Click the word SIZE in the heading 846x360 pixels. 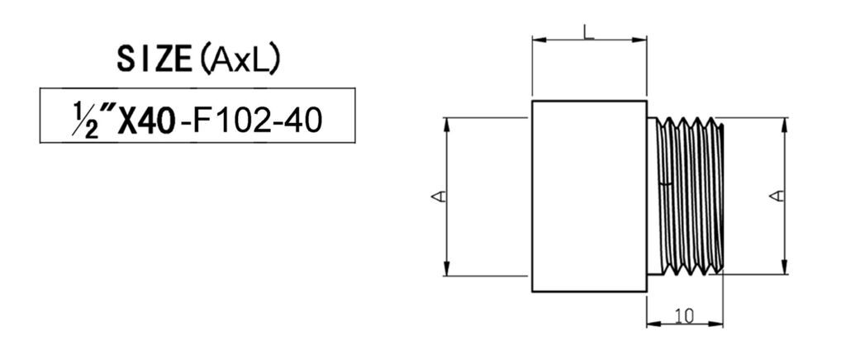point(154,59)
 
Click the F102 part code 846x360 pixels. point(235,122)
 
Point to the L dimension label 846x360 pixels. point(588,31)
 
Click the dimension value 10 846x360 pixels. point(684,315)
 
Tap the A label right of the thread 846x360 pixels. point(777,197)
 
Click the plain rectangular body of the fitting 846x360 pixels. point(589,197)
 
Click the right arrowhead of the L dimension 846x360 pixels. point(639,40)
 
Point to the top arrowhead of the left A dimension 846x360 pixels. point(446,125)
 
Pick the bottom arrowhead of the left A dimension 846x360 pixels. point(446,268)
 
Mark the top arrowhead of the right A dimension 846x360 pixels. point(785,125)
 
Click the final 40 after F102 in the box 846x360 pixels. point(306,122)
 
